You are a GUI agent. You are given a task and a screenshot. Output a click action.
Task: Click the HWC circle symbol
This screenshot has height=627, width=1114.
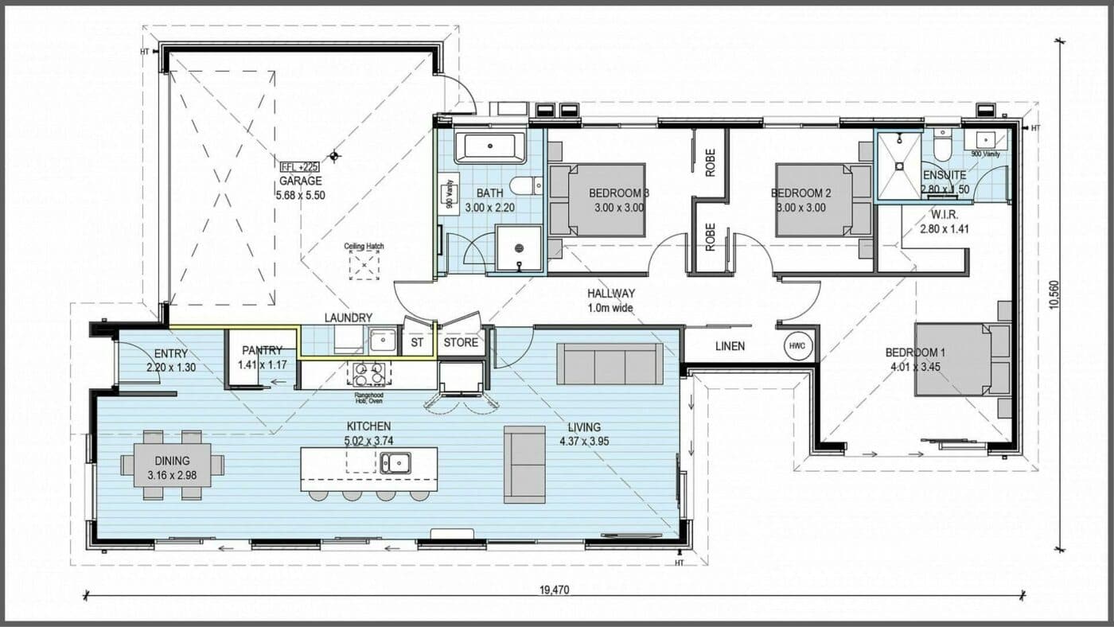point(797,346)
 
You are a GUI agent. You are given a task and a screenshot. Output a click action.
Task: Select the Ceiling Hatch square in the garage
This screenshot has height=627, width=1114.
point(364,265)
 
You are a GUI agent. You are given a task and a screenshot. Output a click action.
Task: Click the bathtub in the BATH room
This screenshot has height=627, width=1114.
point(489,148)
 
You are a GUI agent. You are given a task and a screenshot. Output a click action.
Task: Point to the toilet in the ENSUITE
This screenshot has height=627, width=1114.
point(944,150)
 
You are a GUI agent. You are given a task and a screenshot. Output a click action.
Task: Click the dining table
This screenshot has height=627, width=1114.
point(172,465)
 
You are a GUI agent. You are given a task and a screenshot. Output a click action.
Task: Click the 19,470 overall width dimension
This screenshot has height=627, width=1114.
point(555,590)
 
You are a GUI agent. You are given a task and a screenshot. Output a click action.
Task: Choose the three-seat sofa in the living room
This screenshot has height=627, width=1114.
point(610,364)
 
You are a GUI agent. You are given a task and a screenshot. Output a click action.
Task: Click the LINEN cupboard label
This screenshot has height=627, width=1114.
point(730,346)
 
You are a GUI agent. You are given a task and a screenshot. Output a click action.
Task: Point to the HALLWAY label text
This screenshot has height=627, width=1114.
point(611,294)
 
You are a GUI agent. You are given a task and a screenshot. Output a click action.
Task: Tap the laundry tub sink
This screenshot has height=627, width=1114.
point(383,341)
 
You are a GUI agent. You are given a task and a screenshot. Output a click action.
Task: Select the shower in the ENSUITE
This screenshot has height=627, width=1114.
point(898,166)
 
